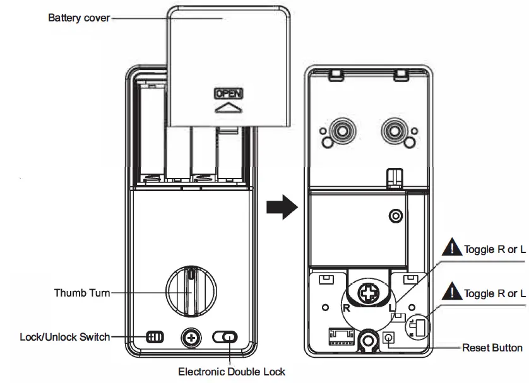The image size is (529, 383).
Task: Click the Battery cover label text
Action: (79, 18)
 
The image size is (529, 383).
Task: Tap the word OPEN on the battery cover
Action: (229, 93)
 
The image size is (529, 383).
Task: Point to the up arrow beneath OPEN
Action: (229, 108)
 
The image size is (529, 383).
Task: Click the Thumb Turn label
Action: (82, 293)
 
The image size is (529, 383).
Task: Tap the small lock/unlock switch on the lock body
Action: (155, 337)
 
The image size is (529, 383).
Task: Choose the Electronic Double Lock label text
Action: (231, 372)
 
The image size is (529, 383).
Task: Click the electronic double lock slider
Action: (225, 338)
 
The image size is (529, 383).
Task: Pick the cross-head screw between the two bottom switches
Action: (190, 338)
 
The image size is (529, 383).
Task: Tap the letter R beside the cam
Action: (345, 309)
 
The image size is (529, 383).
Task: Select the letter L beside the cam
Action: (392, 309)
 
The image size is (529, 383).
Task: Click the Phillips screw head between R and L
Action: (368, 294)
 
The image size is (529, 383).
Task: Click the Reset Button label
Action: (492, 348)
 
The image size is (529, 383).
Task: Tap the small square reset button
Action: (389, 339)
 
